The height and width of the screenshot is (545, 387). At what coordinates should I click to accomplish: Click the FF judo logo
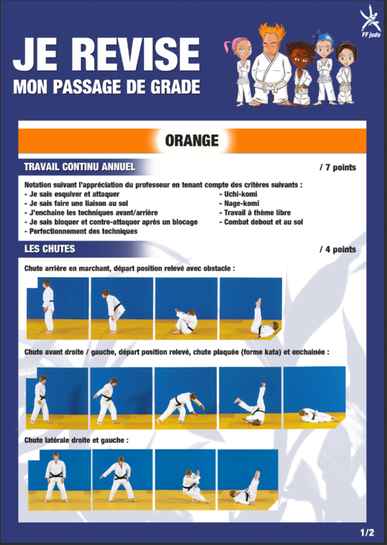(x=371, y=21)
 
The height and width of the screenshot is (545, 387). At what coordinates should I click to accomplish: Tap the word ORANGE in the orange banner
(x=192, y=141)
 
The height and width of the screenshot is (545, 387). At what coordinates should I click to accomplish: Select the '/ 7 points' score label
(x=337, y=167)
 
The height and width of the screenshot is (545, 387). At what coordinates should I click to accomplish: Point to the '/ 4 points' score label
(x=337, y=249)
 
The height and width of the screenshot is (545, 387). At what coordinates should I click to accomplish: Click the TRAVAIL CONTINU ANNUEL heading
(x=80, y=167)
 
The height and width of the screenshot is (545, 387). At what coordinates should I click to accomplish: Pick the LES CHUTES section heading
(x=50, y=249)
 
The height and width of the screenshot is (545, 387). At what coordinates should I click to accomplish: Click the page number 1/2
(x=367, y=532)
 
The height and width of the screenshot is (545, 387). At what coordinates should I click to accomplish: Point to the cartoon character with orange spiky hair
(x=271, y=65)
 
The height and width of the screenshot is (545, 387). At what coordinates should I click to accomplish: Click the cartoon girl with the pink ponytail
(x=240, y=70)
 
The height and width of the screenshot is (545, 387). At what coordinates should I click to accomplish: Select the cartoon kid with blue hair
(x=325, y=68)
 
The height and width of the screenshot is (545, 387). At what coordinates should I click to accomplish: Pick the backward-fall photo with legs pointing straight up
(x=251, y=308)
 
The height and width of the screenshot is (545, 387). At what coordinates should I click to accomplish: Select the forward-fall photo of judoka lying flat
(x=315, y=397)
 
